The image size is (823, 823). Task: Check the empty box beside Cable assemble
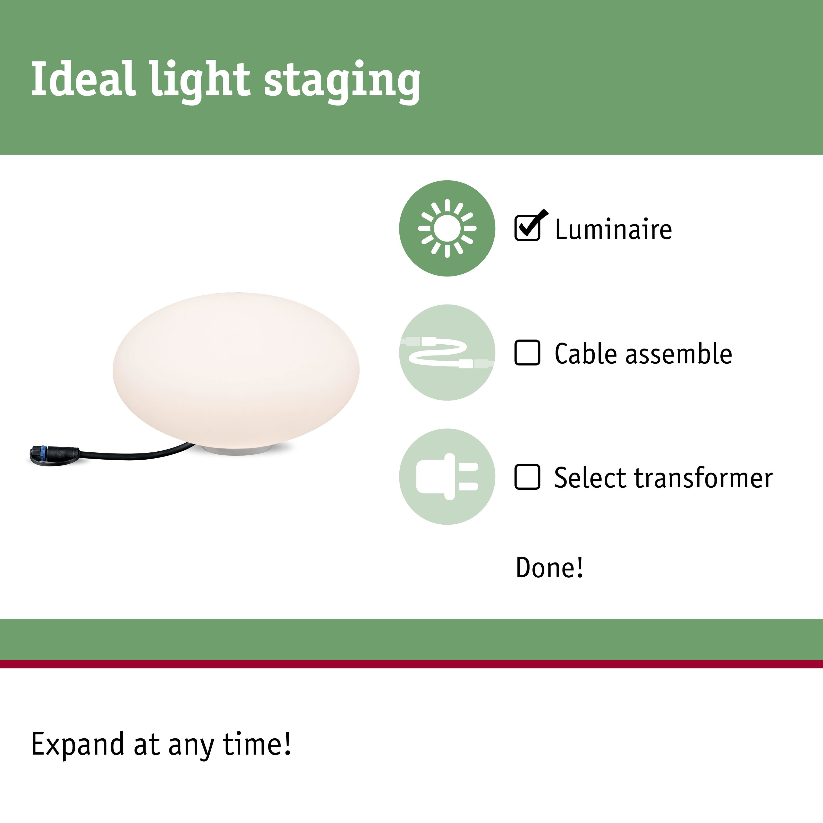527,352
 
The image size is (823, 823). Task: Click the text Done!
549,568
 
